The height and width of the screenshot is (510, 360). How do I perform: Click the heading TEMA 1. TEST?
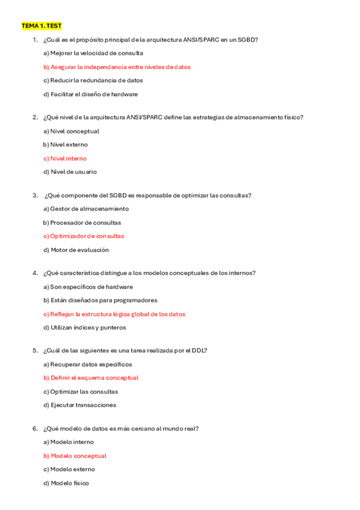click(x=41, y=26)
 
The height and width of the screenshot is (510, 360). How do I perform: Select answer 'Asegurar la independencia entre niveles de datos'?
click(x=117, y=67)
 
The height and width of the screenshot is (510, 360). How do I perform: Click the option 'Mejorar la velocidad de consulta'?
click(x=93, y=53)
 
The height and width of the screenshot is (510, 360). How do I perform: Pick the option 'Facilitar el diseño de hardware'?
click(x=91, y=94)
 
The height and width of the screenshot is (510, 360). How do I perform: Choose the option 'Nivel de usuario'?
click(x=70, y=171)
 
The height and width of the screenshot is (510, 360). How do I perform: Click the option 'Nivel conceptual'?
click(x=72, y=131)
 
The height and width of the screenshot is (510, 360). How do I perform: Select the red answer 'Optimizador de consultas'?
click(x=84, y=236)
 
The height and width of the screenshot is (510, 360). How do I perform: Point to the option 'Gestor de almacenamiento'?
click(x=86, y=209)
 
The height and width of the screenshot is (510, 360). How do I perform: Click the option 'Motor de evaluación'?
click(x=76, y=250)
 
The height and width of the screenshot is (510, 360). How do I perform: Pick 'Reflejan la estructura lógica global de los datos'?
click(x=114, y=314)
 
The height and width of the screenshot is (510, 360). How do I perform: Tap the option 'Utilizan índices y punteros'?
click(x=84, y=328)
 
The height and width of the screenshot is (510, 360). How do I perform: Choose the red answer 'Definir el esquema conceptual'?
click(x=91, y=378)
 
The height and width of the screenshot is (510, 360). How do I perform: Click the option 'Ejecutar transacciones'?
click(x=80, y=405)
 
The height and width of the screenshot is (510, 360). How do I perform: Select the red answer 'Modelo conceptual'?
click(x=75, y=456)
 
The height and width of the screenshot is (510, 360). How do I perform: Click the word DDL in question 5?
click(x=200, y=351)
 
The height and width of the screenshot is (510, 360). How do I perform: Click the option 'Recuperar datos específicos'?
click(x=88, y=364)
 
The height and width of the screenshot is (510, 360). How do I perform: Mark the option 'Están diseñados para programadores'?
click(x=100, y=300)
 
